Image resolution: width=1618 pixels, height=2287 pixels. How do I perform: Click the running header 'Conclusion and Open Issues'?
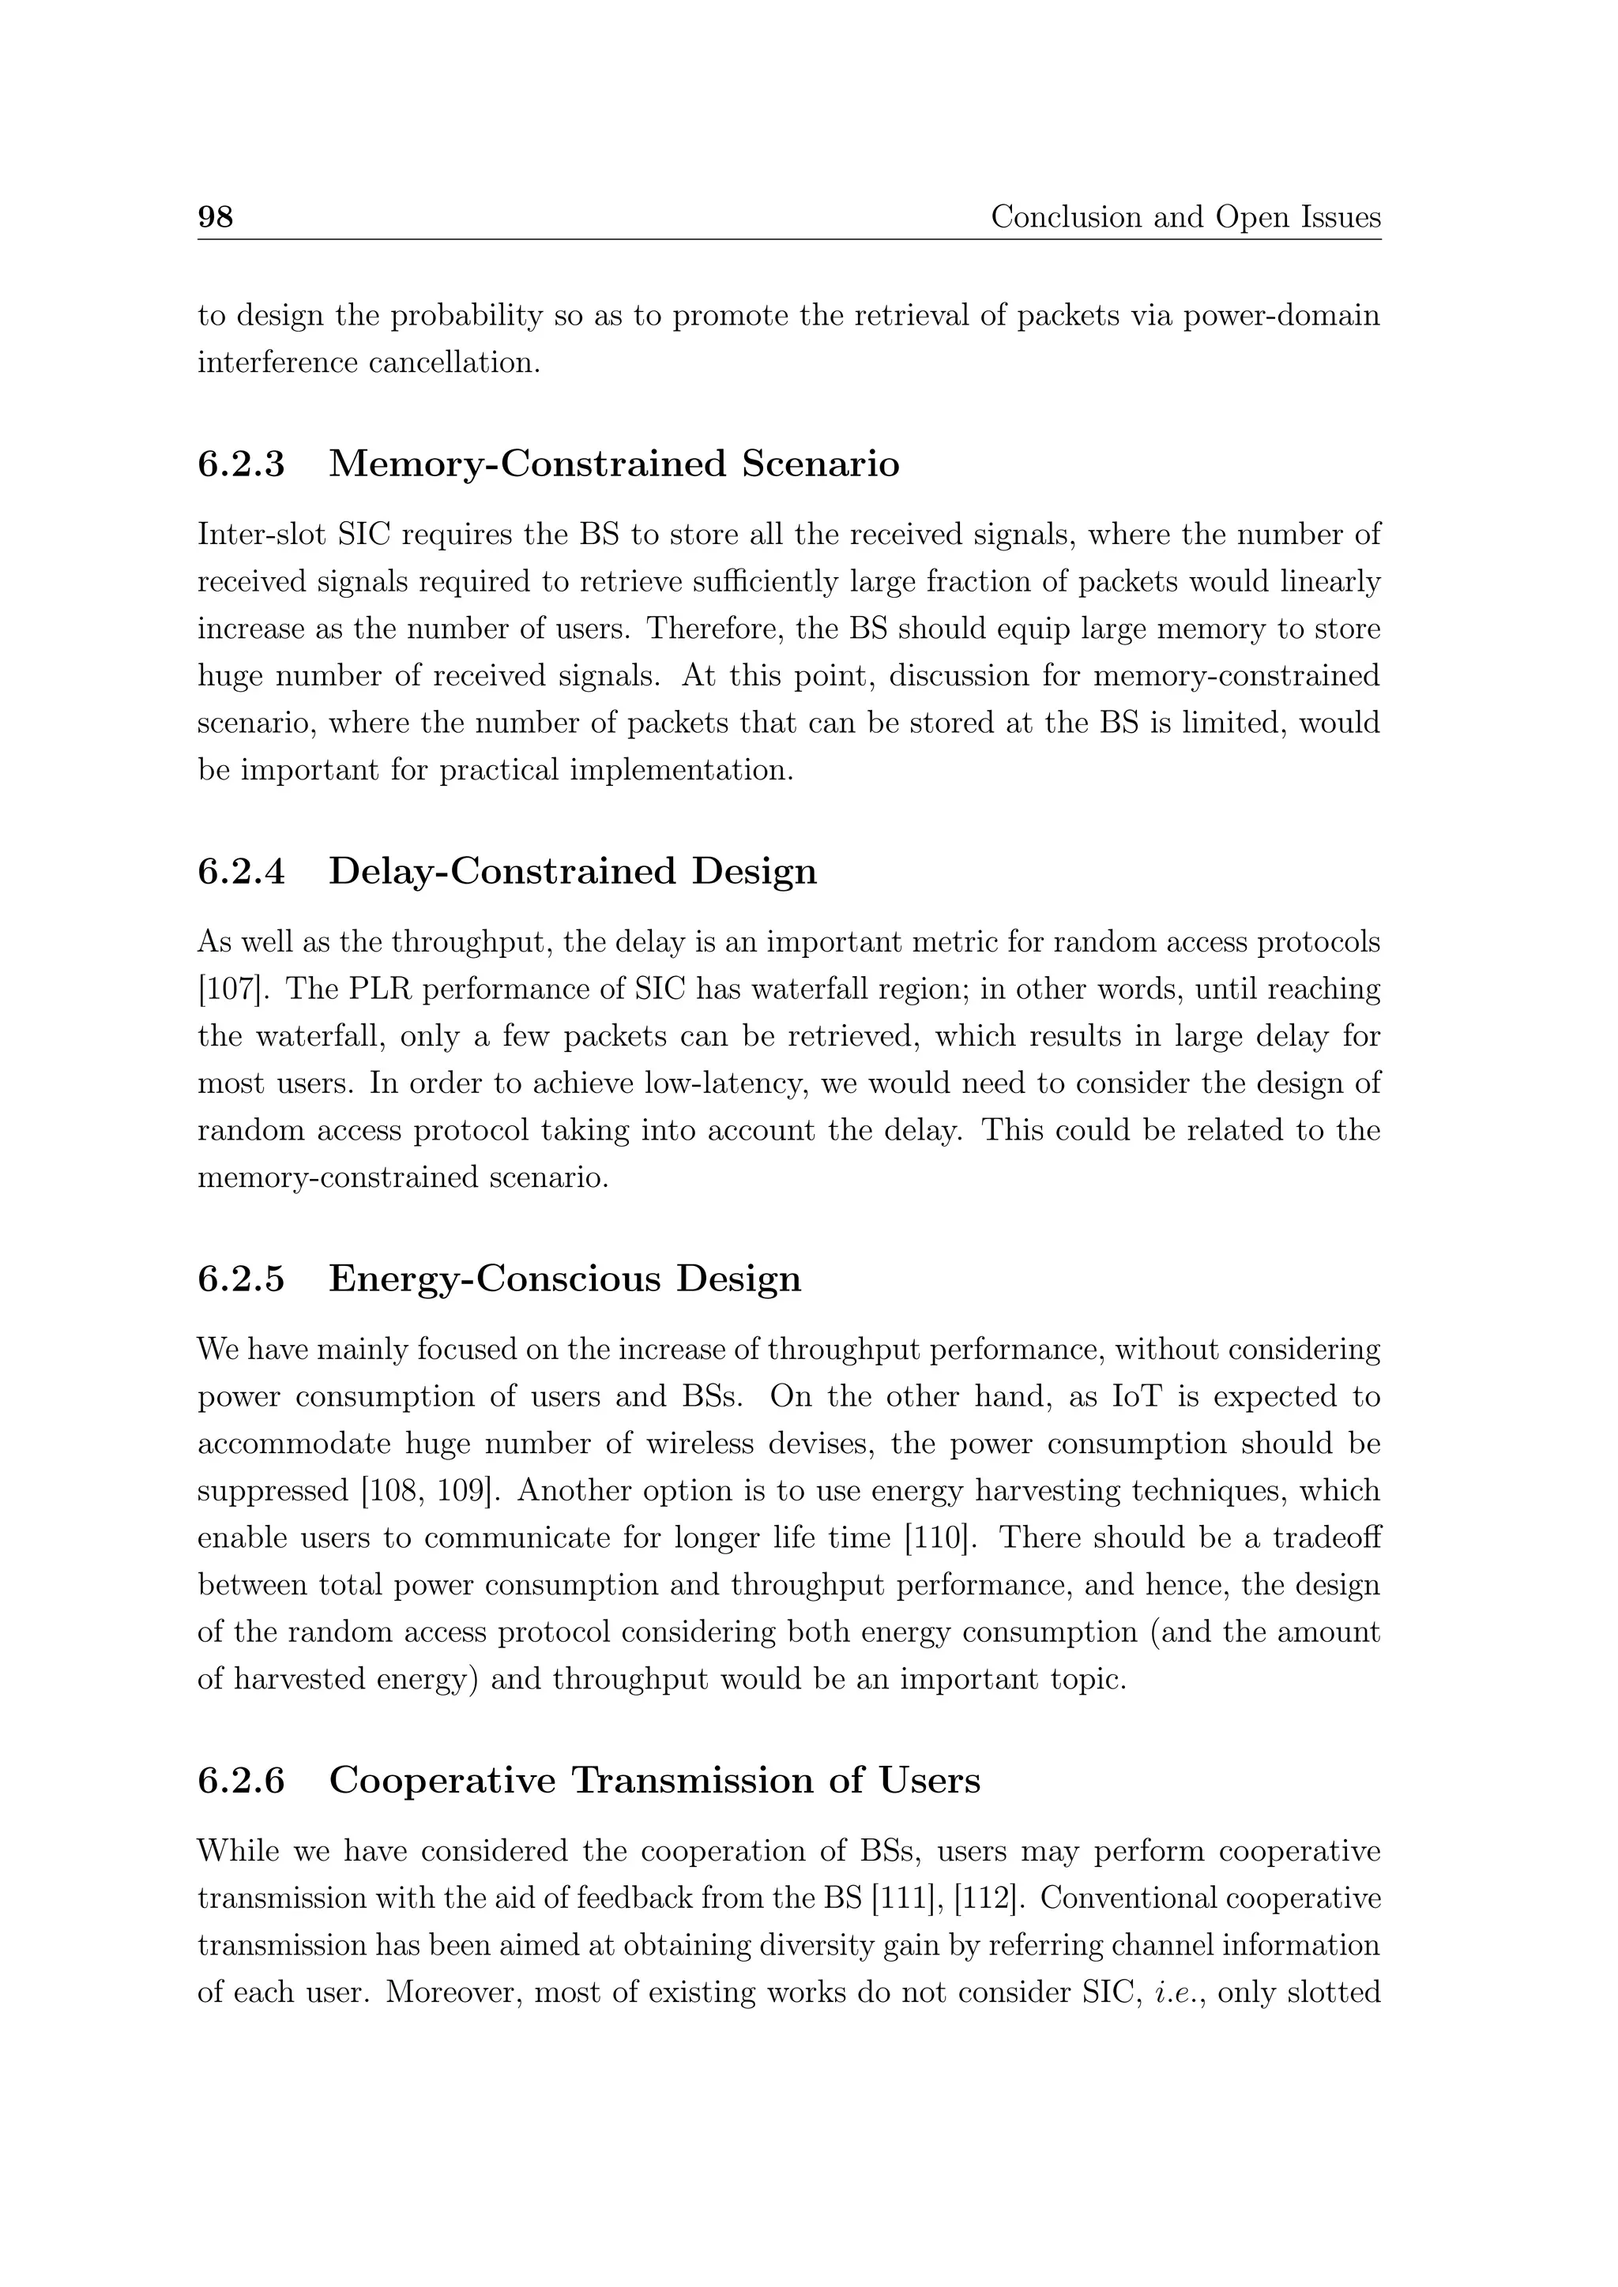(x=1184, y=216)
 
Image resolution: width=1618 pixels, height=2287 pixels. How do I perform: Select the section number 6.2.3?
(x=241, y=464)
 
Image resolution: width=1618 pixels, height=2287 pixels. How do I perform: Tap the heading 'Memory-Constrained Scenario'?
(x=614, y=464)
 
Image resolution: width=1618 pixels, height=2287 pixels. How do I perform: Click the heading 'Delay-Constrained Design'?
(x=573, y=872)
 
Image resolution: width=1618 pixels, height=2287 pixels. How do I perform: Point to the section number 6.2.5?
(x=241, y=1279)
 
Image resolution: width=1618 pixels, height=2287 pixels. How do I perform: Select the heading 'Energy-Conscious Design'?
(x=565, y=1279)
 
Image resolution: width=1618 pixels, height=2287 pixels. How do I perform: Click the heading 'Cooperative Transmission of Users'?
(x=655, y=1780)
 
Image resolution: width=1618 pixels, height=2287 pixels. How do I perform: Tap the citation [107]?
(x=225, y=990)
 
